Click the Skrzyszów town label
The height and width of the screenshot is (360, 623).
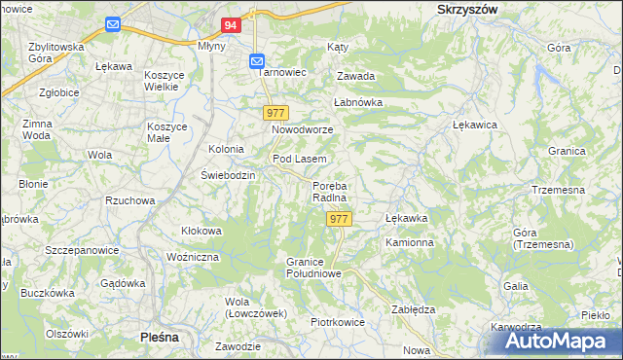461,8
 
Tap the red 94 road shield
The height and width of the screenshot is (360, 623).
231,25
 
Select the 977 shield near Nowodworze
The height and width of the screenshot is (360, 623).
275,113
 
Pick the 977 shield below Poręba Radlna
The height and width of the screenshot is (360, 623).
339,219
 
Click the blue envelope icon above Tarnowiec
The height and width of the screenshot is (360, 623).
257,61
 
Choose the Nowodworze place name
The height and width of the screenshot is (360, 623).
302,129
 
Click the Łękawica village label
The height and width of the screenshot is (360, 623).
476,126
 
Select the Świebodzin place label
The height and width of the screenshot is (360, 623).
228,175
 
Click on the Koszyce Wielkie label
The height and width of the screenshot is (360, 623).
167,81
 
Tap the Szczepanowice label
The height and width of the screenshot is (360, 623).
82,250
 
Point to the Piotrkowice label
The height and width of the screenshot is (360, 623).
337,322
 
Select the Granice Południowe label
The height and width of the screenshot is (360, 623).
312,268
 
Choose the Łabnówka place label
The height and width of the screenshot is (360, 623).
358,101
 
